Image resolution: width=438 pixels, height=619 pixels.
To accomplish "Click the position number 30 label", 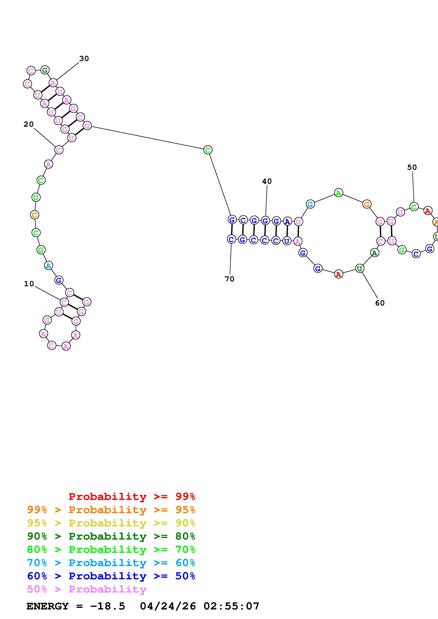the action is tap(84, 59).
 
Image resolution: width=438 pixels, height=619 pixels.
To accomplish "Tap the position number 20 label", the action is tap(29, 124).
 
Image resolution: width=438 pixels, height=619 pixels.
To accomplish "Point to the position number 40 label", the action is tap(267, 181).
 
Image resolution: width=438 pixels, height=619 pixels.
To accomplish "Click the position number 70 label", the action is tap(229, 279).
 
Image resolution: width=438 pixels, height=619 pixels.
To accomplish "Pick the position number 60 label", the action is tap(380, 303).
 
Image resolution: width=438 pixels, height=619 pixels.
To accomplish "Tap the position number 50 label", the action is tap(412, 167).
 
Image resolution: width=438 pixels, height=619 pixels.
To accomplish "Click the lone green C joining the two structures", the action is tap(208, 150).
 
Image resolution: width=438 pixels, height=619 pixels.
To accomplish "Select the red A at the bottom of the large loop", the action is tap(338, 274).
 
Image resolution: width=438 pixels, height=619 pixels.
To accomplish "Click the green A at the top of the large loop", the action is tap(338, 193).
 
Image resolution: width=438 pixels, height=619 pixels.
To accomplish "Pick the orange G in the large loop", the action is tap(366, 204).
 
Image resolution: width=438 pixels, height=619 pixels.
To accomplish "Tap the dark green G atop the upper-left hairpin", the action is tap(45, 70).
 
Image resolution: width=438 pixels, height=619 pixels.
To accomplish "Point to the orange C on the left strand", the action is tap(34, 215).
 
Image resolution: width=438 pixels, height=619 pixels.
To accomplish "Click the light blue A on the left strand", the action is tap(48, 266).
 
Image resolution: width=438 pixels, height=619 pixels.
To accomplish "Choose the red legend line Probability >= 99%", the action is tap(132, 497).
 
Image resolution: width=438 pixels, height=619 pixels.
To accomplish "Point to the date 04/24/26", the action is tap(168, 606).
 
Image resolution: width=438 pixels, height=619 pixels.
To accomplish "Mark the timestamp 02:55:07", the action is tap(231, 606).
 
